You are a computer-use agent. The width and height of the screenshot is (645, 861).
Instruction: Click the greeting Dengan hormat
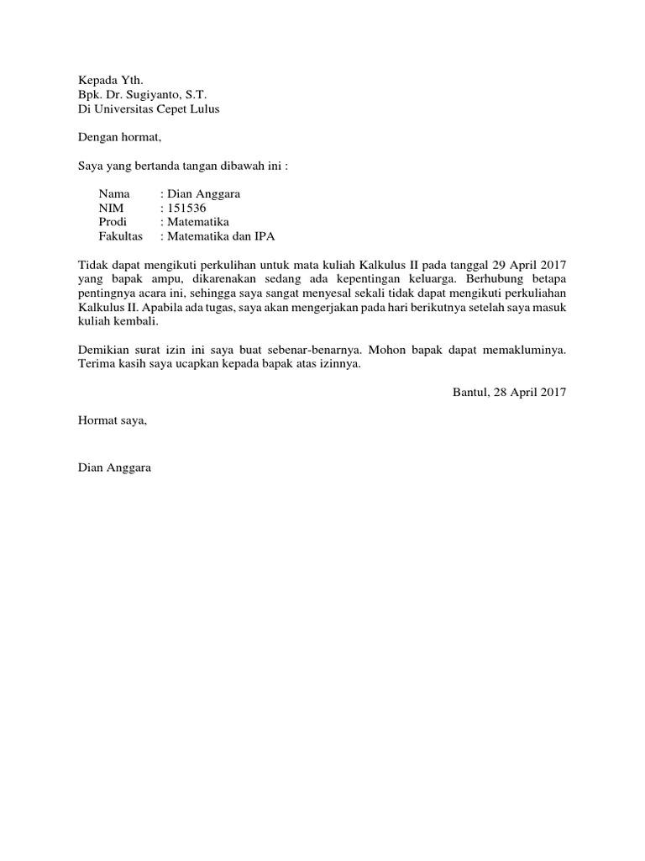[x=118, y=137]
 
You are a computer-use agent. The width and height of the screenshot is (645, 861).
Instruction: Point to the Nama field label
[x=114, y=193]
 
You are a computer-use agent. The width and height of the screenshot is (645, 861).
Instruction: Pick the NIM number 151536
[x=186, y=208]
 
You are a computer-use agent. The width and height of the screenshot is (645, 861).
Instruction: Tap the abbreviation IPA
[x=263, y=236]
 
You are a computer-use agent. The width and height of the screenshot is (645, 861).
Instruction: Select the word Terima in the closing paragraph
[x=95, y=363]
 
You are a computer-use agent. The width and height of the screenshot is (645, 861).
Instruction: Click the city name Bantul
[x=469, y=391]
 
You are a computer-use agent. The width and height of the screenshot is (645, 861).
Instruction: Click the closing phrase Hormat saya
[x=112, y=420]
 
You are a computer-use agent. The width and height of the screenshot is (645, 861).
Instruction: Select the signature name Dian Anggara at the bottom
[x=114, y=467]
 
